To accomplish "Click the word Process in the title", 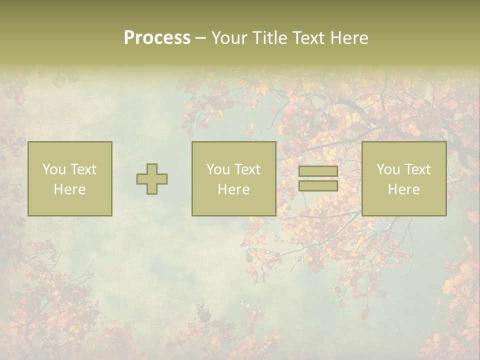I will click(157, 38).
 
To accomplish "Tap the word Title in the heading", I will click(269, 38).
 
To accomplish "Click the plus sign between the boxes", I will click(152, 179).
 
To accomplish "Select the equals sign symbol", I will click(318, 178).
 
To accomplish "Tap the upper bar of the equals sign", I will click(318, 171).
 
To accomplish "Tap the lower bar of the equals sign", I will click(318, 185).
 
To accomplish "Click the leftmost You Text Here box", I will click(70, 178).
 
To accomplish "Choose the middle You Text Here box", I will click(233, 178).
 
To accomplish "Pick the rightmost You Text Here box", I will click(404, 178).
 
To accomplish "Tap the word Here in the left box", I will click(70, 189).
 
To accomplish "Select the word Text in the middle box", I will click(247, 169).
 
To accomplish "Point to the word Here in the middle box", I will click(233, 189).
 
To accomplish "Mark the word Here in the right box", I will click(404, 189).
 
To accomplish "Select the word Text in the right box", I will click(417, 169).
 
